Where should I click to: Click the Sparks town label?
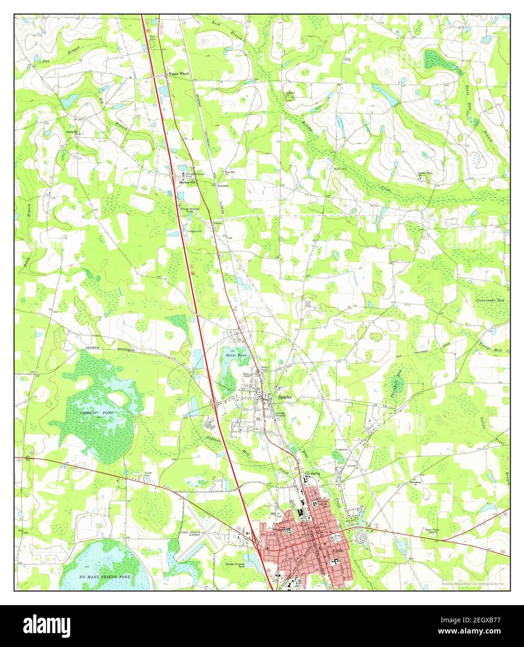click(x=284, y=398)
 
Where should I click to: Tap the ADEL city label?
click(x=338, y=551)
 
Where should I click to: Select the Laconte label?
click(x=224, y=185)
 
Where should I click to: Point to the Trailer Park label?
click(x=148, y=473)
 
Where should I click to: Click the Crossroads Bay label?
click(x=490, y=301)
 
